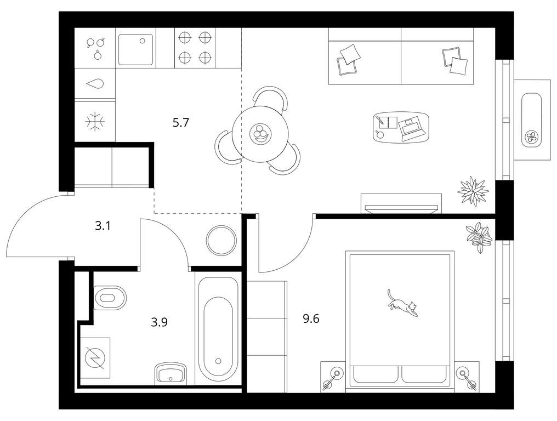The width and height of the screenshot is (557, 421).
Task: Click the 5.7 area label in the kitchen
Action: point(181,123)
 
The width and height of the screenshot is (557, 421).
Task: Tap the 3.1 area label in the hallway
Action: point(103,226)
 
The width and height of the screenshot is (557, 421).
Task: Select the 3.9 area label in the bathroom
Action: point(159,322)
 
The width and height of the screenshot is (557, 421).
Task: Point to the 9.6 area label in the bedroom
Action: point(311,318)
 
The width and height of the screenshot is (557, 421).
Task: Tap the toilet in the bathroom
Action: point(110,297)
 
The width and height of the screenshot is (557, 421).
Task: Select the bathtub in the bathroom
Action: point(218,328)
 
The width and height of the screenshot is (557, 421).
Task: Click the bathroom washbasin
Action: point(171,373)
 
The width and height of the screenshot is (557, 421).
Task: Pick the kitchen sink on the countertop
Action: point(136,49)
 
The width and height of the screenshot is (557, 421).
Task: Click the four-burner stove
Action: point(195,47)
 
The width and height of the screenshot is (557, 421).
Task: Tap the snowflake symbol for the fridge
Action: point(95,121)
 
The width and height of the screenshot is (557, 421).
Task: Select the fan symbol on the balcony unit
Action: point(531,136)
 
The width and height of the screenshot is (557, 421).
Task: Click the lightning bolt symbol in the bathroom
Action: point(94,358)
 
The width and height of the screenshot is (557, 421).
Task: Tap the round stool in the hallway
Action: point(221,240)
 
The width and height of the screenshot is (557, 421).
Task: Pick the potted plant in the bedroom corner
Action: point(479,237)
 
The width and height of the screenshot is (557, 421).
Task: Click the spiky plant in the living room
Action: point(473,191)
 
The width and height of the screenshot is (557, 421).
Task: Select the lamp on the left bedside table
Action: point(332,379)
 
